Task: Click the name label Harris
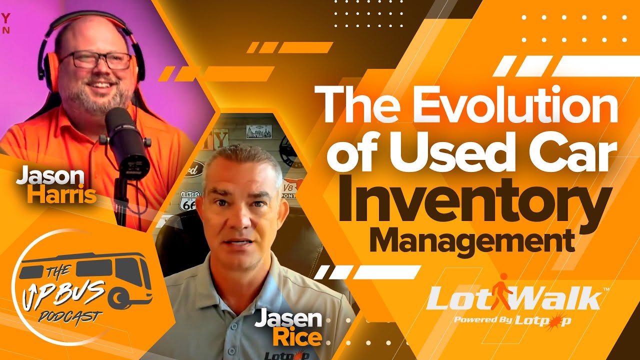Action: (x=61, y=195)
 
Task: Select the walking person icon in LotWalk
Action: (x=502, y=292)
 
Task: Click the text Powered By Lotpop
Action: (x=512, y=320)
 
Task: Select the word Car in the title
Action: (x=569, y=152)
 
